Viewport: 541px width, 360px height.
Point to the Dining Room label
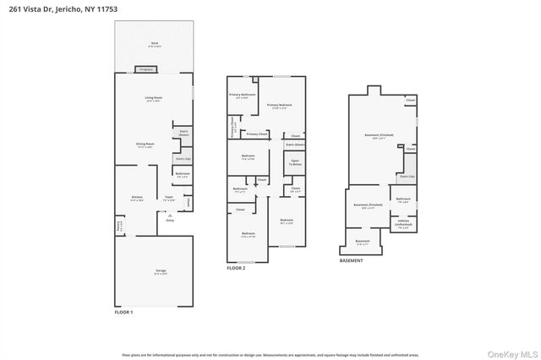tap(145, 145)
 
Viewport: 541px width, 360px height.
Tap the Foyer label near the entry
tap(169, 199)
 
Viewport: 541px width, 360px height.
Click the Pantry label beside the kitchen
tap(119, 226)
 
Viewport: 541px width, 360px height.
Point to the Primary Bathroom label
tap(242, 95)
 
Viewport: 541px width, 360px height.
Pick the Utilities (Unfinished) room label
tap(402, 225)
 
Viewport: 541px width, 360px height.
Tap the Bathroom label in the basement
tap(403, 201)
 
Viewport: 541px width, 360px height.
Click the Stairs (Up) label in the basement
tap(407, 177)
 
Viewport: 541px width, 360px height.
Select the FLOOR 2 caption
tap(236, 268)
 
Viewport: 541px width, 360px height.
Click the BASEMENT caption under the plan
tap(352, 260)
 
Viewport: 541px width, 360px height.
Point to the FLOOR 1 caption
tap(123, 313)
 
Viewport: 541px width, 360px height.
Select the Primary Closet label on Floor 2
tap(257, 134)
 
